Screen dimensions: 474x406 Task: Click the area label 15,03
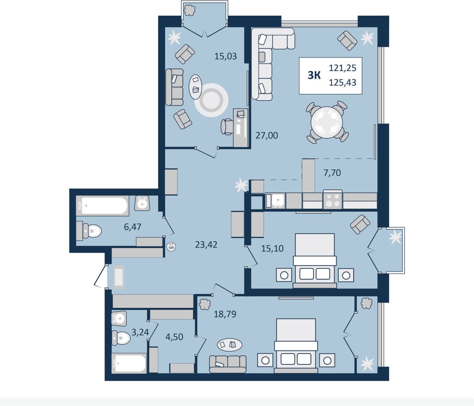(225, 56)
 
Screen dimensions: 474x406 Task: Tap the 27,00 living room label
(267, 136)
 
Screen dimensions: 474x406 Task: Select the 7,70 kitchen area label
(332, 173)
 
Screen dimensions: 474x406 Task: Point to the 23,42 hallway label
(206, 245)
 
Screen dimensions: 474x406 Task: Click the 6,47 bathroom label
(133, 227)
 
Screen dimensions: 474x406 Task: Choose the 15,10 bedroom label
(272, 248)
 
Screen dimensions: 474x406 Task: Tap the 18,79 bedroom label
(225, 314)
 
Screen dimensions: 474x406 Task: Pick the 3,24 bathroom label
(140, 332)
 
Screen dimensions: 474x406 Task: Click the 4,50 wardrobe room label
(174, 337)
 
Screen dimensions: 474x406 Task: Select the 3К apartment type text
(314, 75)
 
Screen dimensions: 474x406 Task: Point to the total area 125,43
(342, 83)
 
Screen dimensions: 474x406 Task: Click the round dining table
(327, 123)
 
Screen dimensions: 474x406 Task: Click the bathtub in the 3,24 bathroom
(129, 364)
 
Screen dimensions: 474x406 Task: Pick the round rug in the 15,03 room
(211, 100)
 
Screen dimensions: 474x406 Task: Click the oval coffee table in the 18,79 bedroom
(230, 345)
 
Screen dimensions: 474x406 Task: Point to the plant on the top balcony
(190, 10)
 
